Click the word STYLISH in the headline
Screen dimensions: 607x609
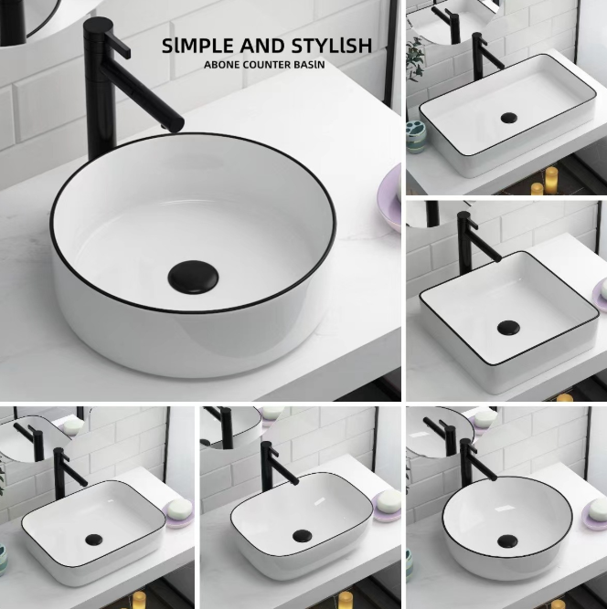pos(332,46)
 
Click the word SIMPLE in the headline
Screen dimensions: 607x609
pos(198,46)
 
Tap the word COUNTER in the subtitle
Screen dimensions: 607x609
pos(268,65)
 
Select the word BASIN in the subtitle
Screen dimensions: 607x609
pos(310,65)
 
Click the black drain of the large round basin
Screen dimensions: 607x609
pos(193,277)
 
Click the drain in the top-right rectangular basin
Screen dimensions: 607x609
pos(509,118)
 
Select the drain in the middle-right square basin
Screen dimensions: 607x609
pos(508,328)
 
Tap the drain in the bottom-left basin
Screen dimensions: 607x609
pos(94,540)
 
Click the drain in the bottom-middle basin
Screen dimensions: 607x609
pos(303,536)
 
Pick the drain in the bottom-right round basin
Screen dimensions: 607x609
pos(507,541)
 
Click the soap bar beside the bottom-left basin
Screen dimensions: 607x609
pos(180,508)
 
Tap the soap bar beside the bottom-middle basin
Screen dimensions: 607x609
pos(389,499)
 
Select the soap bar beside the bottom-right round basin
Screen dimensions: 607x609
pos(597,509)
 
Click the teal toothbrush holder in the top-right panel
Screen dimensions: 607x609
pos(416,137)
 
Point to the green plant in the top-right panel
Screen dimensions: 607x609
pos(415,58)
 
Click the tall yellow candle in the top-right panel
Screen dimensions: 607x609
pos(551,180)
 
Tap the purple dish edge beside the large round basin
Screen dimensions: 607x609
pos(389,198)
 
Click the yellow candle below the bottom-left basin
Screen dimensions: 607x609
pos(138,600)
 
